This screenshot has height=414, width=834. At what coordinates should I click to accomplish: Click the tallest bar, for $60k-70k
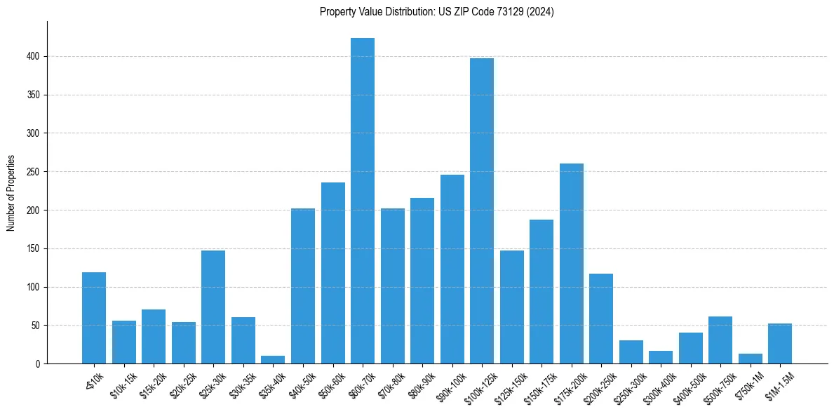click(x=363, y=201)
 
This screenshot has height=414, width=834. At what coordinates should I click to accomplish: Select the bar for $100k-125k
click(x=482, y=211)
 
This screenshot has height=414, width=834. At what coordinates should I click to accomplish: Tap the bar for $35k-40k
click(x=273, y=360)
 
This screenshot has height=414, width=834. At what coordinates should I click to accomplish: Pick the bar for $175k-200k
click(x=572, y=264)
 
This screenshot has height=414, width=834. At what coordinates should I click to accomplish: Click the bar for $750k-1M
click(x=751, y=359)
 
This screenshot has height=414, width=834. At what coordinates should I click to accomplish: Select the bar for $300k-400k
click(x=661, y=357)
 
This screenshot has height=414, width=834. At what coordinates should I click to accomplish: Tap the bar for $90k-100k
click(x=452, y=269)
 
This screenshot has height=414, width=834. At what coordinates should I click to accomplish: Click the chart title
click(x=436, y=12)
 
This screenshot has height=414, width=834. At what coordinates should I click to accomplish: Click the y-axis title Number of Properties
click(x=11, y=192)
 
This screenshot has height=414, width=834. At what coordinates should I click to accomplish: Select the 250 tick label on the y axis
click(x=35, y=172)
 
